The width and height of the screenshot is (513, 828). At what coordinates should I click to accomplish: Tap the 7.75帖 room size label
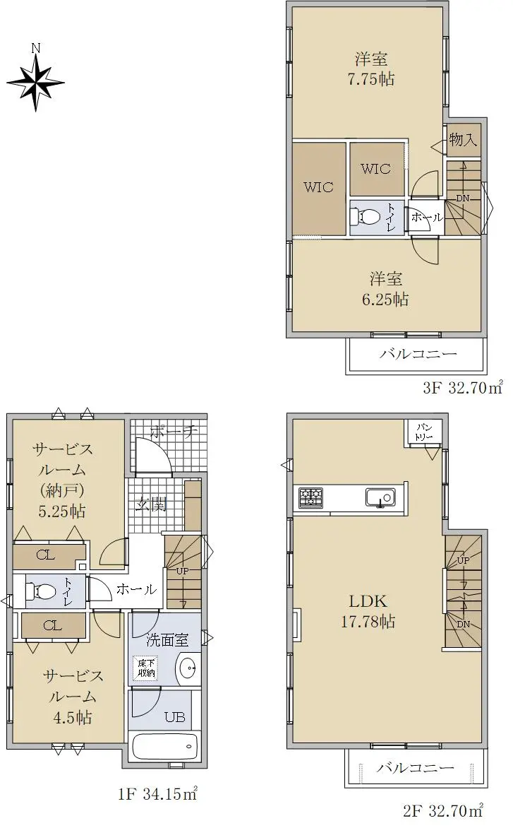click(371, 79)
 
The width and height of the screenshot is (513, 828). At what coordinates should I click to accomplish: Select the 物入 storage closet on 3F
click(464, 140)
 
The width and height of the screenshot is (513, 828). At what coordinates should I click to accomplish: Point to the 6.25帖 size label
click(385, 300)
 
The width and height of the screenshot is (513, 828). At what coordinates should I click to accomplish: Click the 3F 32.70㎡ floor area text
click(462, 389)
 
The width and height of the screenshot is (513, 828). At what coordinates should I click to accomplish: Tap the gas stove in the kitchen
click(311, 498)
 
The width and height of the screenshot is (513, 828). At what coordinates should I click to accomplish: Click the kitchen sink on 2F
click(380, 497)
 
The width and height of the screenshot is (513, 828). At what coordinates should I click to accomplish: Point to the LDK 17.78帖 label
click(368, 612)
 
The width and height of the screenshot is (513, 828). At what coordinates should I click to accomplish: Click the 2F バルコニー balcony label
click(415, 768)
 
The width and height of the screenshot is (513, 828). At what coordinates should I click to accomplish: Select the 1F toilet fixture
click(42, 591)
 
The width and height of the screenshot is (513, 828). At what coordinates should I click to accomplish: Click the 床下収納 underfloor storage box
click(147, 668)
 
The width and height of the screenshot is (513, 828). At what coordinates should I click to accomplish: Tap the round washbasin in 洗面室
click(187, 668)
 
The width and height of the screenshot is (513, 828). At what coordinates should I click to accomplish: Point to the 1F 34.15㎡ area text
click(157, 793)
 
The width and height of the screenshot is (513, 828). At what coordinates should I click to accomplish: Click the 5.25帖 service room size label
click(61, 511)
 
